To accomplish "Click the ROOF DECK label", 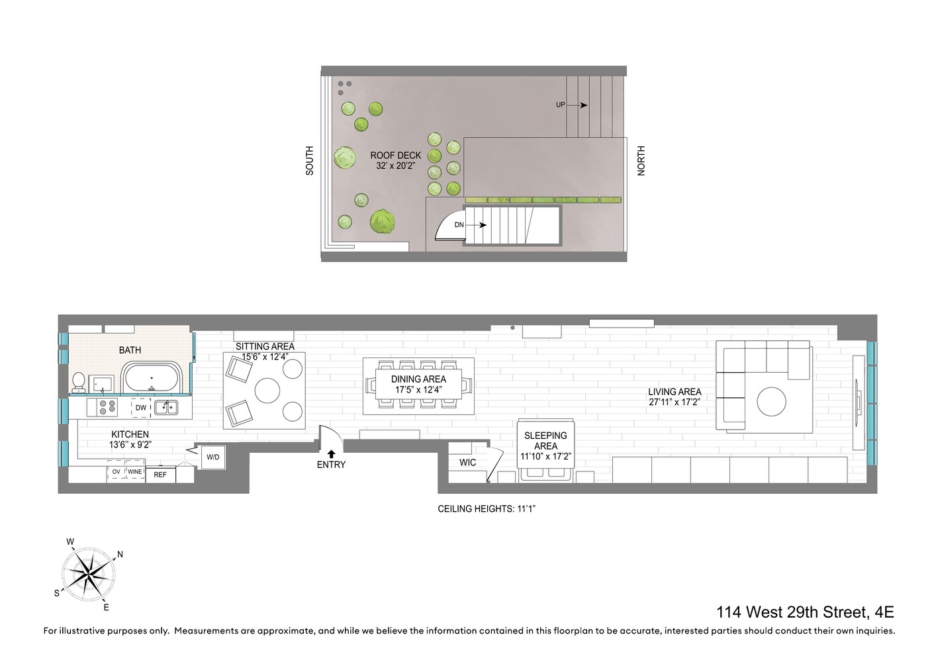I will [x=395, y=156].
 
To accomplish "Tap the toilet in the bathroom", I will [x=79, y=383].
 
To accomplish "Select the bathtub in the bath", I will [x=152, y=380].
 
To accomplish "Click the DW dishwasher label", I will [x=140, y=408].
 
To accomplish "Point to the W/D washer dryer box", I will [x=212, y=457].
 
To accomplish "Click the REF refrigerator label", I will [x=160, y=475].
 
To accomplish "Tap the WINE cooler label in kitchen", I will [x=135, y=472].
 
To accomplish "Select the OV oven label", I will [x=117, y=472].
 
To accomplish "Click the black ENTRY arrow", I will [x=331, y=454].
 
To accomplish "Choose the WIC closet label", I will [x=467, y=463].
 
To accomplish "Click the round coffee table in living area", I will [x=771, y=402].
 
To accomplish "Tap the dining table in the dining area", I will [x=418, y=385].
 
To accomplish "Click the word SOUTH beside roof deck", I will [x=309, y=161].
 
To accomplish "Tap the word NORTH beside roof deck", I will [x=641, y=161].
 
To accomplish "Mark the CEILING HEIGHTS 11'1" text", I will [x=486, y=509].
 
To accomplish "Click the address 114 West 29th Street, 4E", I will [x=805, y=612].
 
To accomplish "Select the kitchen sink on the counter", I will [x=165, y=407].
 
